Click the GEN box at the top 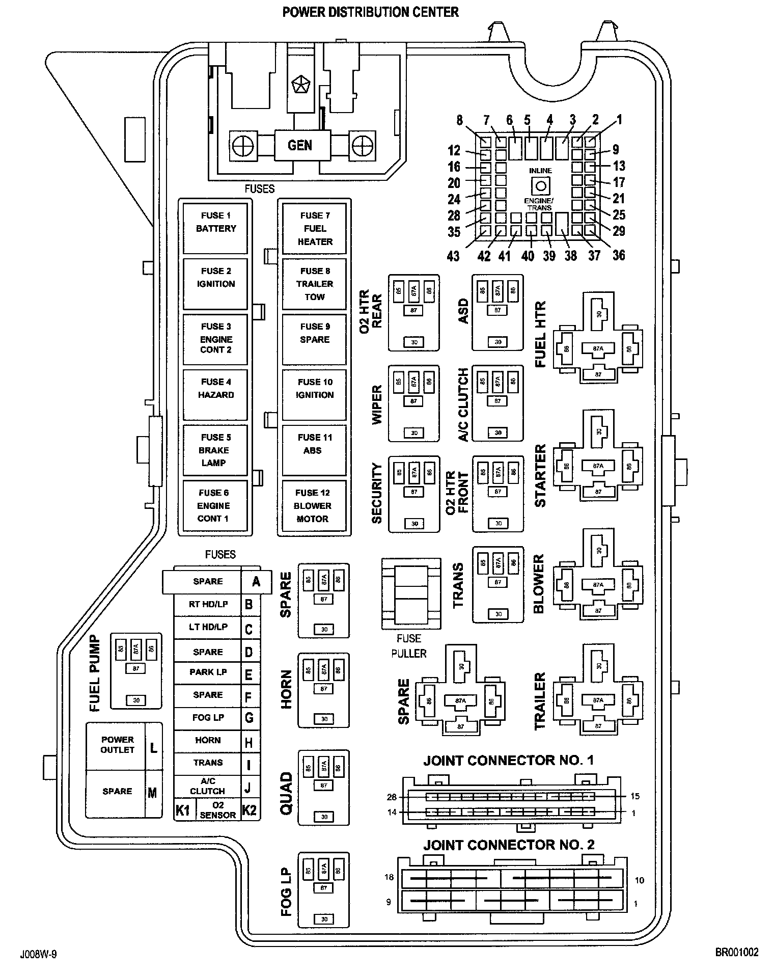point(299,146)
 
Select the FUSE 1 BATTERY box point(216,228)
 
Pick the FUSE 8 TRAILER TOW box point(314,284)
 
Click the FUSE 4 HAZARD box point(216,394)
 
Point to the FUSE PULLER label point(409,645)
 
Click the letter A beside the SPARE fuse point(256,581)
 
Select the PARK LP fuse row point(208,672)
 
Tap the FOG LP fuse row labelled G point(208,717)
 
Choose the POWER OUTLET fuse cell point(117,745)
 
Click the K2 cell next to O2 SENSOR point(249,810)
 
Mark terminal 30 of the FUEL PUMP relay point(136,700)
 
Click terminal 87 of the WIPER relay point(413,401)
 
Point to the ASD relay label point(463,311)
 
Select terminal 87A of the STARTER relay point(598,466)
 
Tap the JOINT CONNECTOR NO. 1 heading point(508,761)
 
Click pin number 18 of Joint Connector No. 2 point(390,877)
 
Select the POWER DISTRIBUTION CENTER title point(371,12)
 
